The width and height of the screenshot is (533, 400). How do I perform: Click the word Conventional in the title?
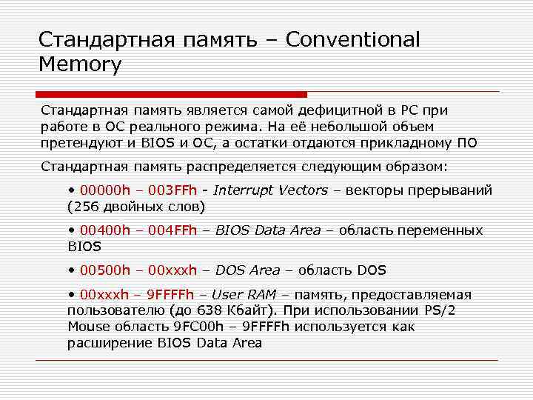[352, 39]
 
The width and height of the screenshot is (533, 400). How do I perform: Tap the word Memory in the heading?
[80, 64]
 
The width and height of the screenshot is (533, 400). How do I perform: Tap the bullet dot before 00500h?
[71, 270]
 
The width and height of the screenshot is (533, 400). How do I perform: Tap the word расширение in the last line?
[110, 342]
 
